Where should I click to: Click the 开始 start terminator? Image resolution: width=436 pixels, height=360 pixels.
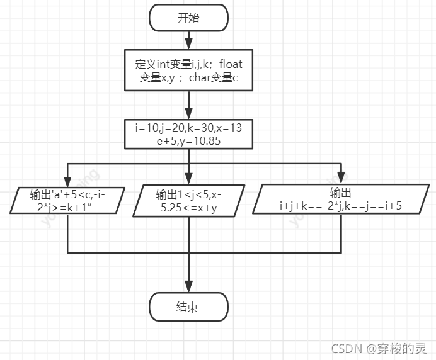(x=188, y=18)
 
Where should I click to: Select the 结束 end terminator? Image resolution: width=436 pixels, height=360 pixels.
(x=188, y=307)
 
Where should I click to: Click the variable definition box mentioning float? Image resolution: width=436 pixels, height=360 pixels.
(x=188, y=71)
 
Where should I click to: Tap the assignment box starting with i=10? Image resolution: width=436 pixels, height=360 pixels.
(x=188, y=134)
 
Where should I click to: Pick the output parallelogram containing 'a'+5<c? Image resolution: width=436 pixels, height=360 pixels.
(x=67, y=200)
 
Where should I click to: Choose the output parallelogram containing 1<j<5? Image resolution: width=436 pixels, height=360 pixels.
(x=188, y=201)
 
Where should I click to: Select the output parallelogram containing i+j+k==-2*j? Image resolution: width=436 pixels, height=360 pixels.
(x=341, y=199)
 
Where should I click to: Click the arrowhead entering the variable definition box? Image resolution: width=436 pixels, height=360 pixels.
(x=188, y=45)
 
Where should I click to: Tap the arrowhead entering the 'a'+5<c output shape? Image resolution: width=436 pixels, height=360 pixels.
(x=67, y=181)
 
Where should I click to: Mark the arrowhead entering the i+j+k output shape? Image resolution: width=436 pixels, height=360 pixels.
(x=341, y=179)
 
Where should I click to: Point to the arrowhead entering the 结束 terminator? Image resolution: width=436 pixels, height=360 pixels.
(x=188, y=288)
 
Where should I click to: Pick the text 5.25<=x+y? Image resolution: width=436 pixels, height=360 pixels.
(x=187, y=208)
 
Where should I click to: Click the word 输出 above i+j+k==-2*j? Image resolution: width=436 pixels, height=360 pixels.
(x=341, y=193)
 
